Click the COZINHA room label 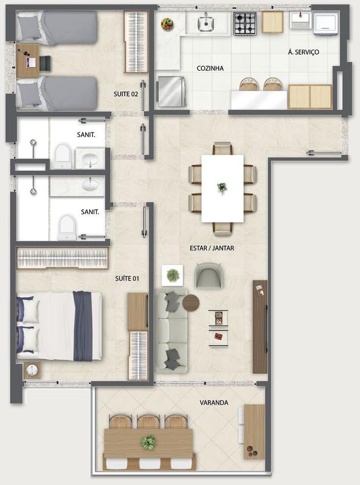click(x=210, y=68)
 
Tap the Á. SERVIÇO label click(x=303, y=52)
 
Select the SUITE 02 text click(x=126, y=94)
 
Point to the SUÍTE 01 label click(x=127, y=278)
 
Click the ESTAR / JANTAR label click(x=212, y=248)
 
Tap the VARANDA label click(x=214, y=403)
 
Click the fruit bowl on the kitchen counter click(x=167, y=24)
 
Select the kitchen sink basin click(x=206, y=23)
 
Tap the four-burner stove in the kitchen click(x=245, y=23)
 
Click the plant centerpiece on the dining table click(x=222, y=188)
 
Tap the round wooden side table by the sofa click(x=191, y=302)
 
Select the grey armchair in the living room click(x=208, y=275)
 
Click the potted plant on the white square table click(x=172, y=275)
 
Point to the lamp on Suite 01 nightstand click(x=32, y=370)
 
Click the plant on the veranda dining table click(x=148, y=442)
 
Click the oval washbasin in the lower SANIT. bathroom click(x=90, y=185)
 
